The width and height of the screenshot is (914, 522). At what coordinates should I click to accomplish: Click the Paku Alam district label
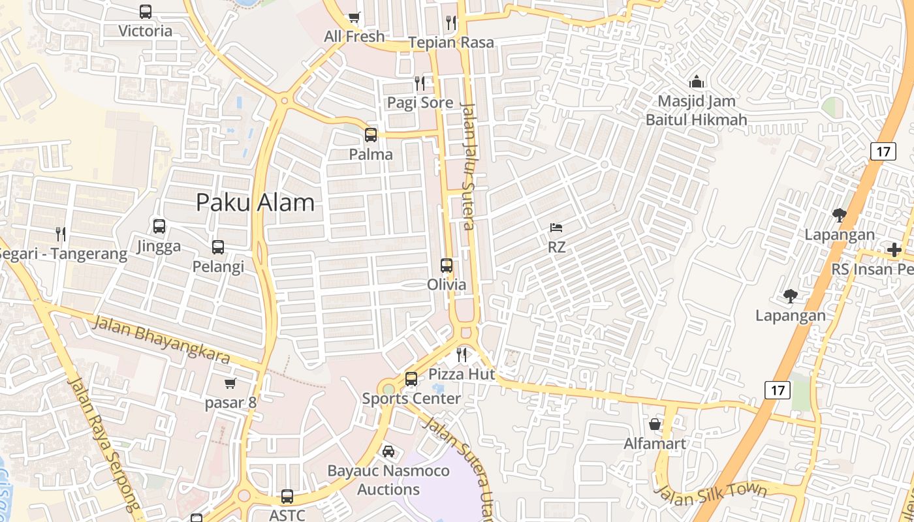pyautogui.click(x=255, y=202)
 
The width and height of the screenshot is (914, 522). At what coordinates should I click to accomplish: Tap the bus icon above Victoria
pyautogui.click(x=146, y=12)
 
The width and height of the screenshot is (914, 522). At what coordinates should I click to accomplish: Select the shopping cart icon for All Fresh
pyautogui.click(x=354, y=18)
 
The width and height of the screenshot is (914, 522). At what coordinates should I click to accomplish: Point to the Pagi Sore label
pyautogui.click(x=420, y=102)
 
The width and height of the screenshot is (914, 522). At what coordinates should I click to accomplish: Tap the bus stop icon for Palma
pyautogui.click(x=371, y=135)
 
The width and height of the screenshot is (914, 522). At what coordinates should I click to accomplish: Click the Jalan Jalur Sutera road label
pyautogui.click(x=467, y=166)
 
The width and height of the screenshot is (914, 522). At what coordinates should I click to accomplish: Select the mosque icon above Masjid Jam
pyautogui.click(x=697, y=82)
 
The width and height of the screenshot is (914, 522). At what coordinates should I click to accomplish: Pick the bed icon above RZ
pyautogui.click(x=556, y=228)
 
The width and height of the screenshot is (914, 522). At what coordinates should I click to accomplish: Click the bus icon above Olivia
pyautogui.click(x=447, y=266)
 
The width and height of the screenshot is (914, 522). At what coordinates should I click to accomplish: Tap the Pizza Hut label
pyautogui.click(x=462, y=374)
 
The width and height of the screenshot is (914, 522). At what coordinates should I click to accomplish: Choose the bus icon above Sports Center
pyautogui.click(x=411, y=379)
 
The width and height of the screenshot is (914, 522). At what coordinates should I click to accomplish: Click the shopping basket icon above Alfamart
pyautogui.click(x=655, y=424)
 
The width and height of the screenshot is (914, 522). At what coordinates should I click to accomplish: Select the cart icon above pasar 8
pyautogui.click(x=230, y=383)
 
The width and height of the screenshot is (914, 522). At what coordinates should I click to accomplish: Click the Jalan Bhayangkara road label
pyautogui.click(x=161, y=339)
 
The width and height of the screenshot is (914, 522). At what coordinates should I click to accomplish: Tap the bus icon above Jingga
pyautogui.click(x=159, y=226)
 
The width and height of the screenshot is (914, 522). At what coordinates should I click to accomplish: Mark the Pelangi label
pyautogui.click(x=218, y=266)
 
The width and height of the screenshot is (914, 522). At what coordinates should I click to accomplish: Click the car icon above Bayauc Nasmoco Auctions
pyautogui.click(x=388, y=452)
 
